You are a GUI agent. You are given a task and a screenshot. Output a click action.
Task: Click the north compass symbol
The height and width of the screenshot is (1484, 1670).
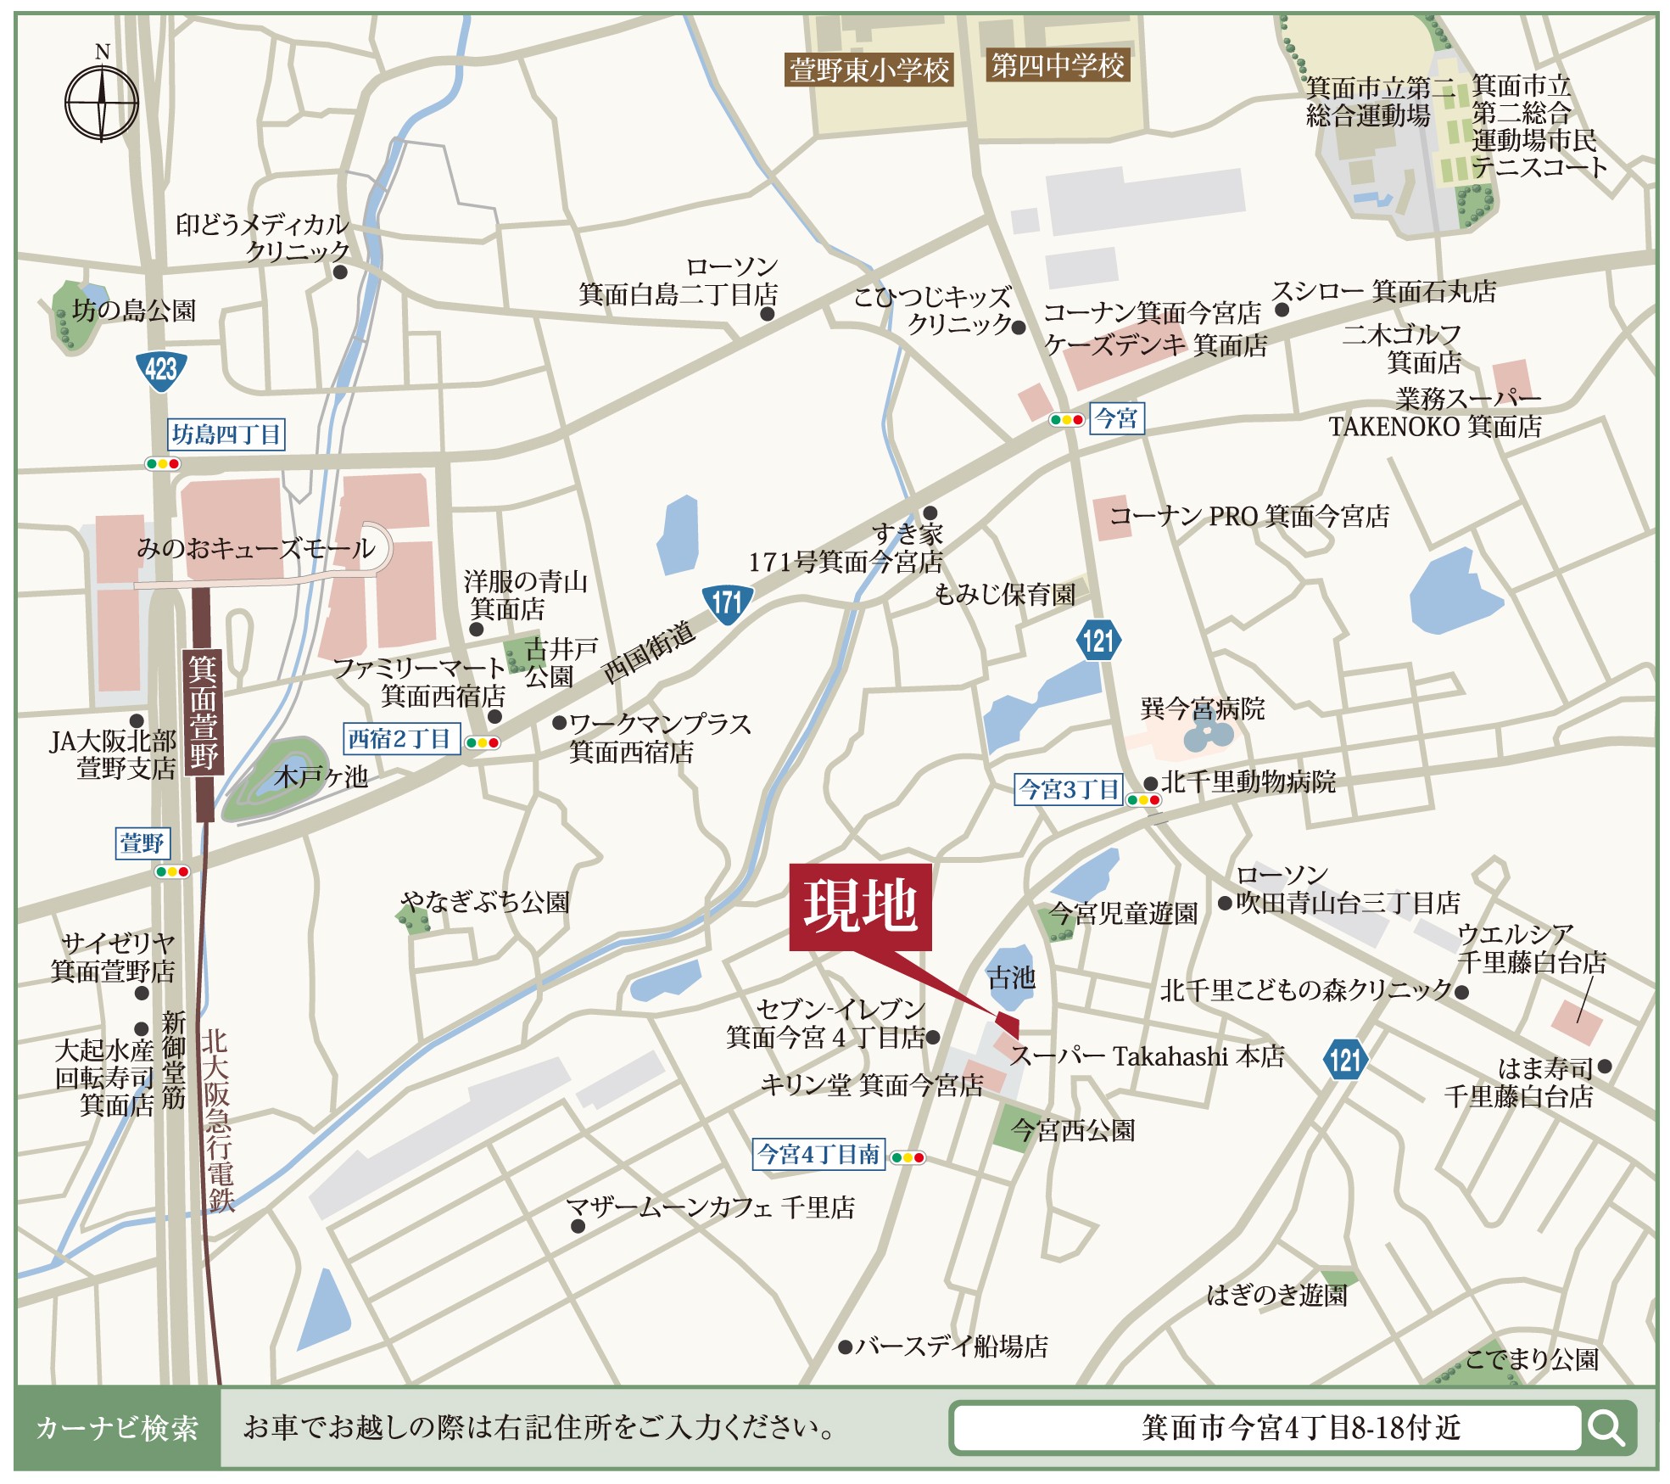point(102,103)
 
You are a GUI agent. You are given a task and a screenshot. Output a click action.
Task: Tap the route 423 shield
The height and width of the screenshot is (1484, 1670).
point(160,371)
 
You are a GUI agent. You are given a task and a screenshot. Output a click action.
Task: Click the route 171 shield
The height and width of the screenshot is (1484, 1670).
point(727,604)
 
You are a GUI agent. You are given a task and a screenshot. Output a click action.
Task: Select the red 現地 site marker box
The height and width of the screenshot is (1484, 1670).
point(860,906)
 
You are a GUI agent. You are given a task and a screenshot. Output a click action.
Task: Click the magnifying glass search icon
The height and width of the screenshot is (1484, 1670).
point(1606,1428)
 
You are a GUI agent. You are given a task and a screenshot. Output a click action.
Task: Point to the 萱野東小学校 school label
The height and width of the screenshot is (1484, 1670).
point(869,70)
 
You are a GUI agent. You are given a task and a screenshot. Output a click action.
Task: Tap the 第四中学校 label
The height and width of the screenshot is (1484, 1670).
point(1058,65)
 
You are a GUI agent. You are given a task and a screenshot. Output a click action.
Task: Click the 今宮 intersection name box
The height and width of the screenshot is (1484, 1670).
point(1116,418)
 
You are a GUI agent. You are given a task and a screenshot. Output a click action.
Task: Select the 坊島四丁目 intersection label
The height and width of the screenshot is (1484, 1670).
point(226,434)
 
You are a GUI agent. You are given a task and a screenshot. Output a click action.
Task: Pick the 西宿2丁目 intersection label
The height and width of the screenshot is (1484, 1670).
point(400,739)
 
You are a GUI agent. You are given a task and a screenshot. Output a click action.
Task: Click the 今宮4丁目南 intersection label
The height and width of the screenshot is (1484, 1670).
point(818,1154)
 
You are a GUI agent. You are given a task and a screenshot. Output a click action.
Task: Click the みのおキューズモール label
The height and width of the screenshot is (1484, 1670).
point(256,549)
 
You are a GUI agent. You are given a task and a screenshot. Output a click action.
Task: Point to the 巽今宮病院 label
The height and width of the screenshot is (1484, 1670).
point(1202,708)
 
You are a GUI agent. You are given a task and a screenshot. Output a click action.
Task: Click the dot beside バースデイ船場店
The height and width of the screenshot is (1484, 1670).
point(845,1347)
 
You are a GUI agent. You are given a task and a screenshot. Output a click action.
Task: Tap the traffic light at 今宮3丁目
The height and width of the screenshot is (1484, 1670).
point(1143,800)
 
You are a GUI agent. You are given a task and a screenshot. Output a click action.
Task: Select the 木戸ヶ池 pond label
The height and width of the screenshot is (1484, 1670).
point(321,776)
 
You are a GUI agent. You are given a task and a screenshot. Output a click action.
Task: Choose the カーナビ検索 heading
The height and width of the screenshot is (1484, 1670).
point(117,1428)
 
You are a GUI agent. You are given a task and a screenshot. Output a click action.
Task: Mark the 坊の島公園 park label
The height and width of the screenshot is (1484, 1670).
point(134,311)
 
